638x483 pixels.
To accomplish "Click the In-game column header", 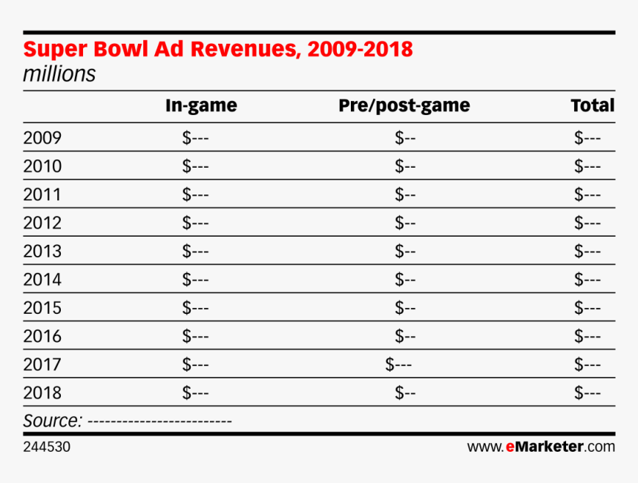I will tap(201, 106).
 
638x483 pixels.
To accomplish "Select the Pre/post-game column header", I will tap(404, 106).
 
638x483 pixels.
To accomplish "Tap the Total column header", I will tap(592, 106).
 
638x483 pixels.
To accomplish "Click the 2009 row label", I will tap(42, 138).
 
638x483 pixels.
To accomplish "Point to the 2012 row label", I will tap(42, 223).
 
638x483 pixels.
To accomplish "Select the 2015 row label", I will tap(42, 308).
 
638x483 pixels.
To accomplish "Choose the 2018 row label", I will tap(42, 392).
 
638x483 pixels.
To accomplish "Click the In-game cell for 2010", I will tap(195, 166).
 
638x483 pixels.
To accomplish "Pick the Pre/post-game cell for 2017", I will tap(398, 364).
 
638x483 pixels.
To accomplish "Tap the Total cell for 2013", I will tap(587, 251).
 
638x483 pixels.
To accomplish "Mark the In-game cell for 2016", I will tap(195, 336).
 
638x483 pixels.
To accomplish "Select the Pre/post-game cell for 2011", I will tap(405, 194).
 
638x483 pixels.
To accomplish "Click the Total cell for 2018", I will tap(587, 392).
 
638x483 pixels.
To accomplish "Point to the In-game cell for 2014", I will tap(195, 280).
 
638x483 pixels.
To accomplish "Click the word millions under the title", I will tap(59, 75).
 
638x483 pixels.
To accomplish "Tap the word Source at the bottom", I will tap(52, 421).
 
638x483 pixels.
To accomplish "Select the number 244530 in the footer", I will tap(47, 447).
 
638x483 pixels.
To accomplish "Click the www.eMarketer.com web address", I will tap(541, 447).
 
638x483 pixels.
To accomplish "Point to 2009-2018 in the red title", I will tap(359, 50).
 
